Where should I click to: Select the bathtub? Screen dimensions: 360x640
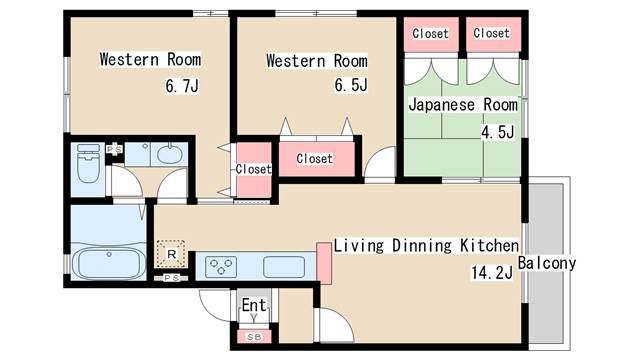110,265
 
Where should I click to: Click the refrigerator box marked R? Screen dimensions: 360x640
172,254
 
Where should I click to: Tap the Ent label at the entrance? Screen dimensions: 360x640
254,305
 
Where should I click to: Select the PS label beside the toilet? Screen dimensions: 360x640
115,149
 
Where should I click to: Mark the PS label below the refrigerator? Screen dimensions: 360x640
172,277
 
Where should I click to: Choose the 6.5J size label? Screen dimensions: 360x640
351,85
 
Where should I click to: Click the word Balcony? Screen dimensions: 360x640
547,263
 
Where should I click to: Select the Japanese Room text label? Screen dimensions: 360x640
463,105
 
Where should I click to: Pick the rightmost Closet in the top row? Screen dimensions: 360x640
491,33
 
